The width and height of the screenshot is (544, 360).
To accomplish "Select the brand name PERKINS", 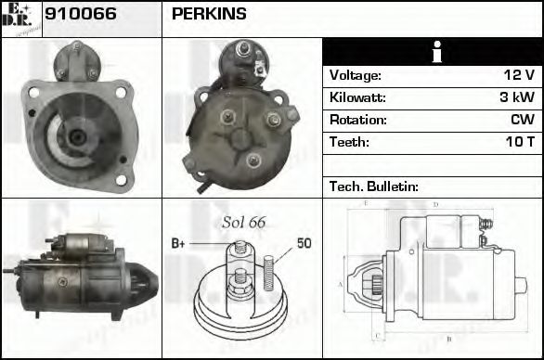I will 210,14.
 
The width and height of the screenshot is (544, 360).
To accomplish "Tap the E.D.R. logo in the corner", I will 20,18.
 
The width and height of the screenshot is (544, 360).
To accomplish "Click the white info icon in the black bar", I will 432,52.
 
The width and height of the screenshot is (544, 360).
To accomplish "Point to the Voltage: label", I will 356,75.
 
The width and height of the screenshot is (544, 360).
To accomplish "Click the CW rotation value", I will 522,120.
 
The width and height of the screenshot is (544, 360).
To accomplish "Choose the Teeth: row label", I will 349,142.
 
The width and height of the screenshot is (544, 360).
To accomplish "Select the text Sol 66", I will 244,222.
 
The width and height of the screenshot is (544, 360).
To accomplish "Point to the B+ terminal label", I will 178,243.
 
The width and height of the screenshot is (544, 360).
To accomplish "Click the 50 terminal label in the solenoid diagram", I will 304,243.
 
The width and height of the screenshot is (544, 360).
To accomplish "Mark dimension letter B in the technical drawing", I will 448,339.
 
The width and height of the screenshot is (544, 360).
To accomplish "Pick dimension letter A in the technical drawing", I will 340,284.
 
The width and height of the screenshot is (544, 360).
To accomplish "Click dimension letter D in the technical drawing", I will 435,204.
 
